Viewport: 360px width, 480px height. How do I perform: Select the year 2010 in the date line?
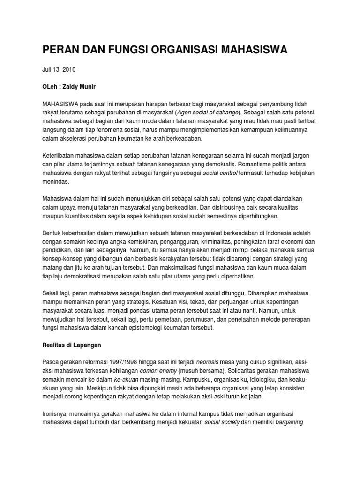[x=68, y=69]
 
